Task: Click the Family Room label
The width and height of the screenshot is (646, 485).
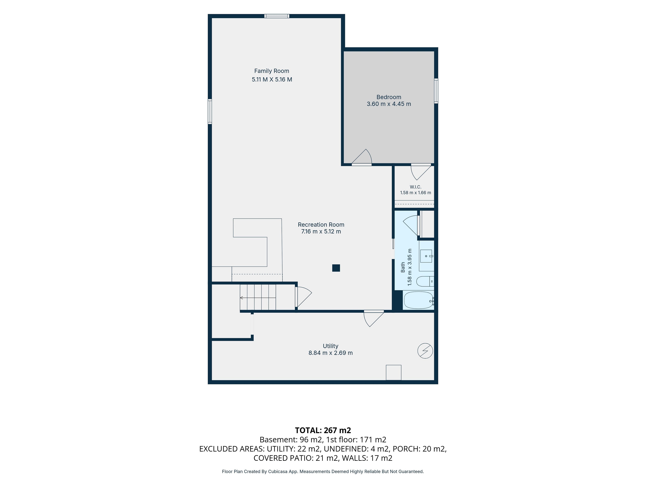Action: [272, 71]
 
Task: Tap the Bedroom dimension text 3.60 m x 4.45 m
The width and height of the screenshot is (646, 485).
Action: [389, 104]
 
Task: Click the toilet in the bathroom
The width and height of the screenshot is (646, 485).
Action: [425, 281]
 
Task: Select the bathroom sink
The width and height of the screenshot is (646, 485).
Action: [426, 256]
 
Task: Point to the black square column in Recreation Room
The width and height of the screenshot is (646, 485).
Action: [336, 268]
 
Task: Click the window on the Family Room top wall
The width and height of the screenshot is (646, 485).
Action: [277, 16]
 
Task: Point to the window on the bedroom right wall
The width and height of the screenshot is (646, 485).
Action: [436, 91]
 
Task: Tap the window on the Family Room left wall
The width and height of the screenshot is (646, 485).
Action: [210, 112]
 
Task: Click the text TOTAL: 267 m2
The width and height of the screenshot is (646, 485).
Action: [323, 430]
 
